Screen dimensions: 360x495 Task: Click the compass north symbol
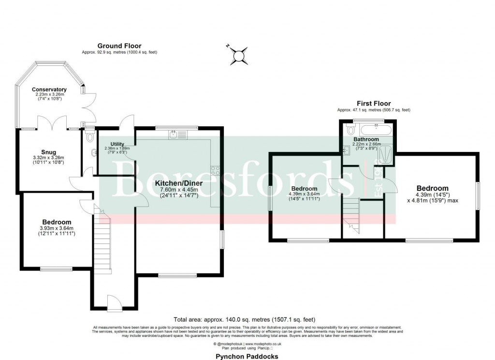tap(239, 56)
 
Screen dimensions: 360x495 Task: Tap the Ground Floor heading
tap(119, 46)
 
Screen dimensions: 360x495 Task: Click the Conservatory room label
tap(49, 90)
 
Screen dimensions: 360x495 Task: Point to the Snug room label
tap(48, 152)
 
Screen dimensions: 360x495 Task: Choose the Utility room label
tap(117, 144)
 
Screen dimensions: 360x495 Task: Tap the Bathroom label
tap(366, 139)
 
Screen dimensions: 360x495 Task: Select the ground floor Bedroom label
tap(56, 222)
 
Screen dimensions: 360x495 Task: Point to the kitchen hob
tap(215, 170)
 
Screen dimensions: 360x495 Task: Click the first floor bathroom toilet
tap(350, 130)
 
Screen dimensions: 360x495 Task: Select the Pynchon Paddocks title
tap(247, 356)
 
